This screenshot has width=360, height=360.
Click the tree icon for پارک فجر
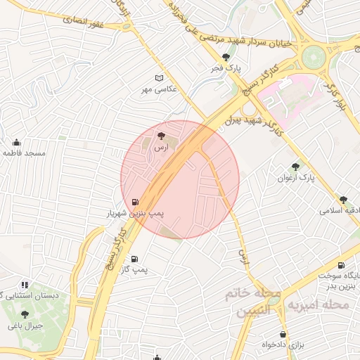click(226, 58)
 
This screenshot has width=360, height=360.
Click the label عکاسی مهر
click(160, 89)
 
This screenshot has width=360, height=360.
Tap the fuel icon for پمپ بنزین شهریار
click(135, 202)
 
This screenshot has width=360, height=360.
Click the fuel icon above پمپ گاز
click(134, 259)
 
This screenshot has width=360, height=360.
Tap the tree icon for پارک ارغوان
click(295, 167)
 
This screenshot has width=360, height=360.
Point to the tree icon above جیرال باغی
click(25, 315)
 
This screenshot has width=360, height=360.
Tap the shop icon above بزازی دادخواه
click(283, 334)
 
